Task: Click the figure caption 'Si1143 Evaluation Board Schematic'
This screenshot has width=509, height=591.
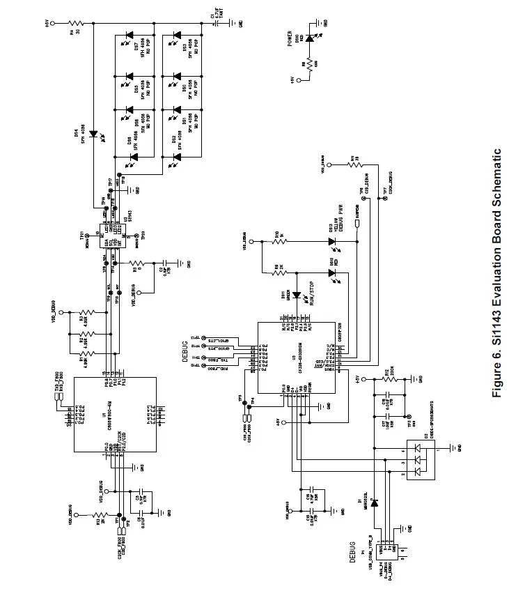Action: tap(496, 273)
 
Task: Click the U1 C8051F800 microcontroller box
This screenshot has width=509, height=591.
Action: tap(114, 414)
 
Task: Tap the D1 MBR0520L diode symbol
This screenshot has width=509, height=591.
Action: tap(374, 502)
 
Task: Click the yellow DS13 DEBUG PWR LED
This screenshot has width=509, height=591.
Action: tap(332, 242)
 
